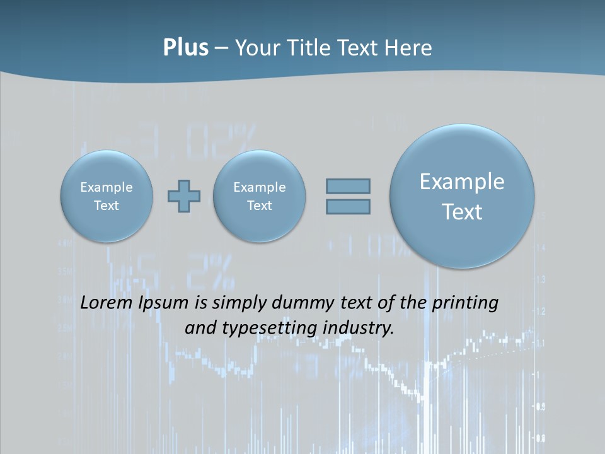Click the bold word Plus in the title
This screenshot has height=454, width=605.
tap(185, 48)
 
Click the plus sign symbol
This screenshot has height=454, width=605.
tap(184, 196)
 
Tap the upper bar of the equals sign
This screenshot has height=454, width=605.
tap(348, 186)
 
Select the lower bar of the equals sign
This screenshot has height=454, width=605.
tap(348, 206)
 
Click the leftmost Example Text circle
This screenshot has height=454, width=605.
tap(107, 196)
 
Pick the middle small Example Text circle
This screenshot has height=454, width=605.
tap(259, 196)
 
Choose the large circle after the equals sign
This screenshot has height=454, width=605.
tap(462, 196)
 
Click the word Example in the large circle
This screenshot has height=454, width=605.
tap(462, 182)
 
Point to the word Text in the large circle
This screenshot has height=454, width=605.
tap(462, 212)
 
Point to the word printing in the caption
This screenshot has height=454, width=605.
tap(465, 303)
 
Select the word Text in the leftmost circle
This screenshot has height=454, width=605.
tap(107, 206)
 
